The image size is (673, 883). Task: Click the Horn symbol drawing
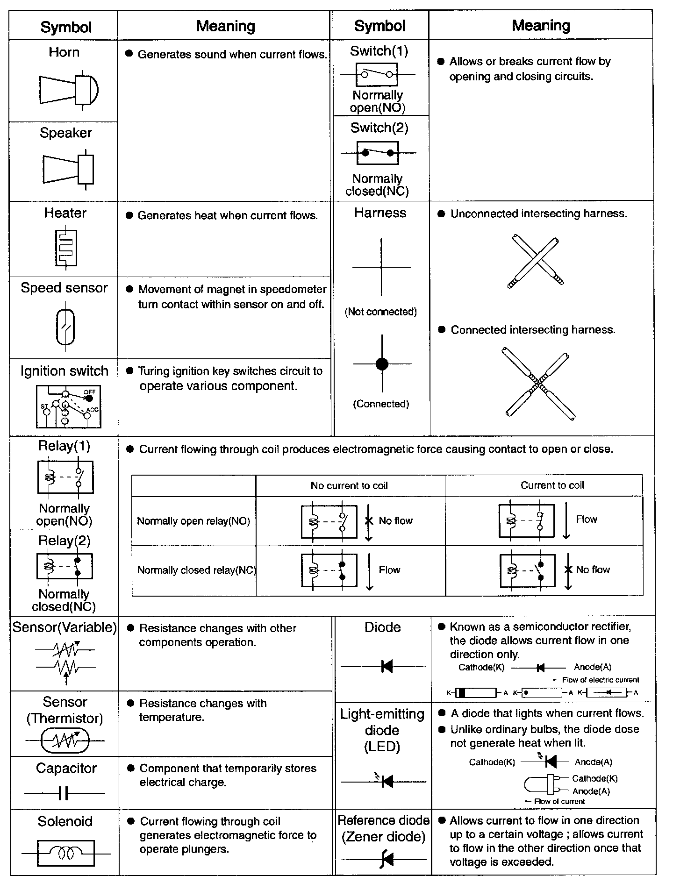(69, 90)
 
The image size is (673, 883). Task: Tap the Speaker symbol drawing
(68, 169)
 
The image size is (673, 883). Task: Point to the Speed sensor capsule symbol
(65, 328)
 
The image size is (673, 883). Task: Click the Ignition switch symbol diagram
(68, 407)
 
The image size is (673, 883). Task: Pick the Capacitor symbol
(64, 793)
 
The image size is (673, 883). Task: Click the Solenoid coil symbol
(65, 854)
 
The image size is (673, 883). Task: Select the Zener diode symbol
(386, 859)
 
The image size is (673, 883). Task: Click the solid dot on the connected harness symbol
(382, 363)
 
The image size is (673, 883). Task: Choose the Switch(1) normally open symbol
(377, 75)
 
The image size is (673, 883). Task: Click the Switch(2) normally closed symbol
(378, 153)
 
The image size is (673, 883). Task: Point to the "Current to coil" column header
(552, 485)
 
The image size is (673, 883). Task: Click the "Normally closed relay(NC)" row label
(196, 570)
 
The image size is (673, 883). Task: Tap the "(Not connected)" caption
(380, 312)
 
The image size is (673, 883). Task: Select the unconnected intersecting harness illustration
(536, 262)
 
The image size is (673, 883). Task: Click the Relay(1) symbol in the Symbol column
(65, 477)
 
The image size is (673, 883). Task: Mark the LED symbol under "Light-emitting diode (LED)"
(385, 781)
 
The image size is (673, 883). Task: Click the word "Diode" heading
(382, 627)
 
